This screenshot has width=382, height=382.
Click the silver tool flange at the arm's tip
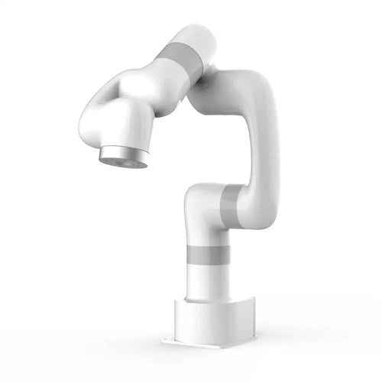coord(122,155)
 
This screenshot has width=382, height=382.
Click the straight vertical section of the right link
coord(260,145)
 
